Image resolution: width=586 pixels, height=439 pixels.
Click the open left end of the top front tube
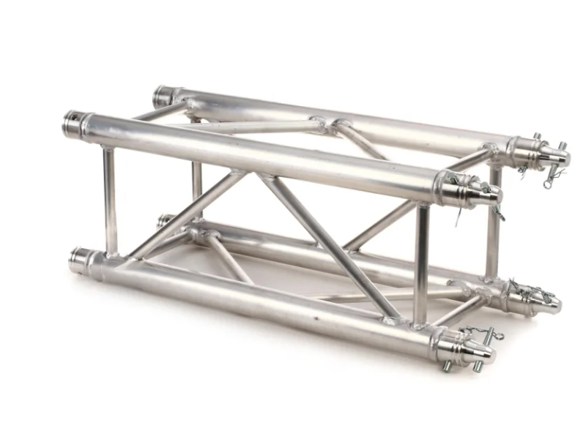tap(73, 124)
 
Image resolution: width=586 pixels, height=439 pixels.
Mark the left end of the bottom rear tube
tap(165, 220)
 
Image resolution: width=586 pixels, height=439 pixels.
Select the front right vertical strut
tap(421, 263)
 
